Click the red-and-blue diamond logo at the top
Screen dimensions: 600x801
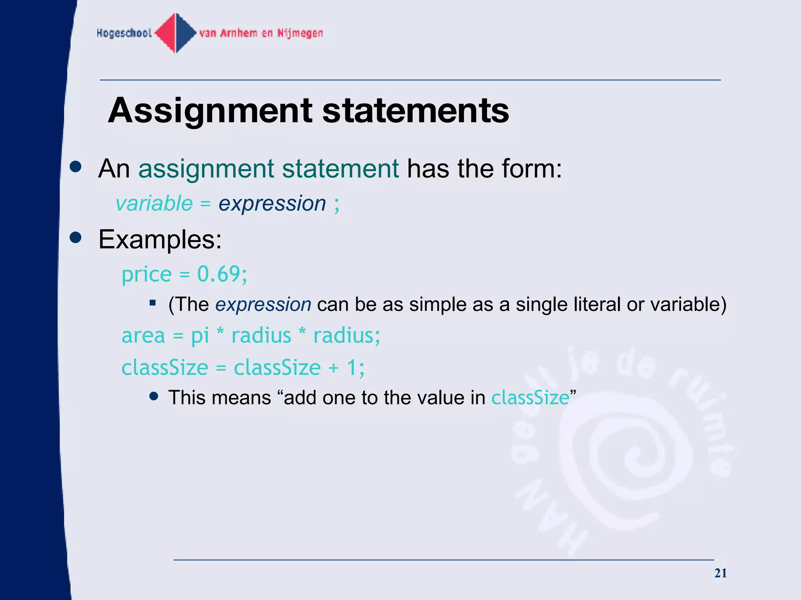pos(176,33)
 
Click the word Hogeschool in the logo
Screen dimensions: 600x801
pos(124,34)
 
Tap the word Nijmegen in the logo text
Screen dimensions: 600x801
pos(300,34)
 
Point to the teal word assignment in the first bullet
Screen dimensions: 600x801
pos(206,169)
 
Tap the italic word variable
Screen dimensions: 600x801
pos(154,204)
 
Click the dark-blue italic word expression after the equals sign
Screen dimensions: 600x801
pos(272,204)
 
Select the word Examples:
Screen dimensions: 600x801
pos(160,239)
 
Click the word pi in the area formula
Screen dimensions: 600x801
pos(200,336)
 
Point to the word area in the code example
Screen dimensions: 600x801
pos(144,336)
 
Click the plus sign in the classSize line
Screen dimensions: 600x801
pos(334,368)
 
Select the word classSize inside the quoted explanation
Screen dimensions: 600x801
pos(530,398)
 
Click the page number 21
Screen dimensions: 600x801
pos(720,573)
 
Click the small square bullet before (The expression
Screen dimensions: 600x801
pos(153,303)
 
